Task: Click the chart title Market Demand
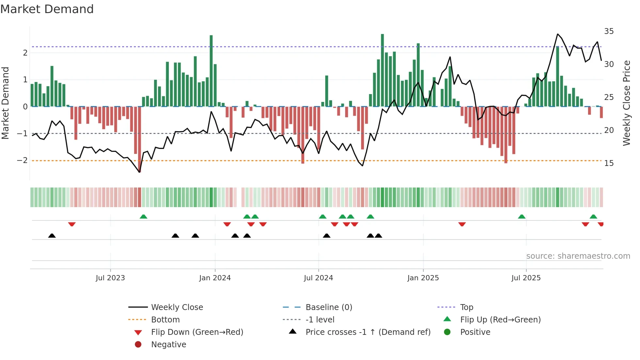(x=47, y=9)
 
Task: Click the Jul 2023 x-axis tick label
(x=110, y=278)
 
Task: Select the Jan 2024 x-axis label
(x=215, y=278)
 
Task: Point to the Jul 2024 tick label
(x=318, y=278)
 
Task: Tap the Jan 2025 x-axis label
(x=423, y=278)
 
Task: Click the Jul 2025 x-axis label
(x=526, y=278)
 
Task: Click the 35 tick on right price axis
(x=609, y=31)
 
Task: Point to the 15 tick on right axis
(x=609, y=163)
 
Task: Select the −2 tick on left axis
(x=22, y=160)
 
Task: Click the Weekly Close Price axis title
(x=626, y=103)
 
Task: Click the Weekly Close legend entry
(x=177, y=307)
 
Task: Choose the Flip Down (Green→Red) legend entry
(x=197, y=332)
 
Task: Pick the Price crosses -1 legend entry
(x=368, y=332)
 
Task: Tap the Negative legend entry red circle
(x=138, y=345)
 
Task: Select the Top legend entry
(x=466, y=307)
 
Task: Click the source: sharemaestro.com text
(x=578, y=256)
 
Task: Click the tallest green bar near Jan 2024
(x=211, y=70)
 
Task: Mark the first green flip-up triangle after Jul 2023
(x=143, y=217)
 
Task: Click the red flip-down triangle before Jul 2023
(x=72, y=224)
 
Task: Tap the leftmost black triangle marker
(x=52, y=236)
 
